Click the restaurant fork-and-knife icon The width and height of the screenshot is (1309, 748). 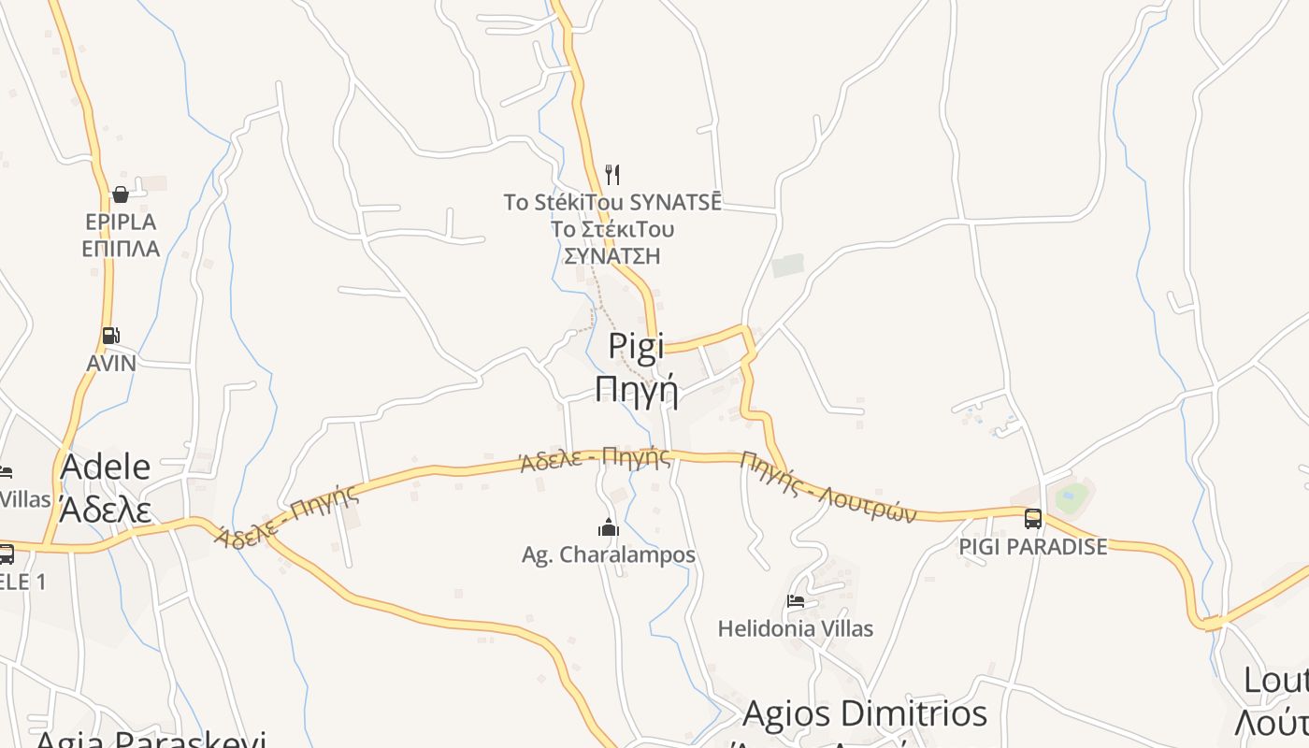[612, 174]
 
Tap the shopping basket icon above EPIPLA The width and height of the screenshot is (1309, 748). [121, 194]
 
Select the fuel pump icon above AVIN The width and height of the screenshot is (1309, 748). [110, 336]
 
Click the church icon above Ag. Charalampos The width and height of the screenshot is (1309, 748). [609, 527]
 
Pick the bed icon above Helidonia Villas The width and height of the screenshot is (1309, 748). [796, 601]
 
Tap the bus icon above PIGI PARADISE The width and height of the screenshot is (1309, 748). [1033, 519]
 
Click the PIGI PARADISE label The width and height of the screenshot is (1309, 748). [1033, 547]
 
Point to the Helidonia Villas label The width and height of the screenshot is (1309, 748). [796, 629]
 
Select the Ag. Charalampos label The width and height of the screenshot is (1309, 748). [609, 555]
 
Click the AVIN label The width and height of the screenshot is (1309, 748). [111, 363]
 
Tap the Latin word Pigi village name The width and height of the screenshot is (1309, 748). [636, 345]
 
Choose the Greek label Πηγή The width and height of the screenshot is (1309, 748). [636, 388]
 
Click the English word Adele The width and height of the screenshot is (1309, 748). [106, 467]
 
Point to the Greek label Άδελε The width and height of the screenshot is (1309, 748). [105, 510]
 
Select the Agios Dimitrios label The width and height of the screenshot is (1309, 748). [865, 713]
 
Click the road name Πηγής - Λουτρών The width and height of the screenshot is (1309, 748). [827, 486]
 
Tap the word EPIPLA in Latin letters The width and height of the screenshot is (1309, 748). [121, 223]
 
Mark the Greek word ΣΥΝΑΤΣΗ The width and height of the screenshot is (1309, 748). [612, 256]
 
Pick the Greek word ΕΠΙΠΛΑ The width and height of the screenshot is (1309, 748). [121, 250]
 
